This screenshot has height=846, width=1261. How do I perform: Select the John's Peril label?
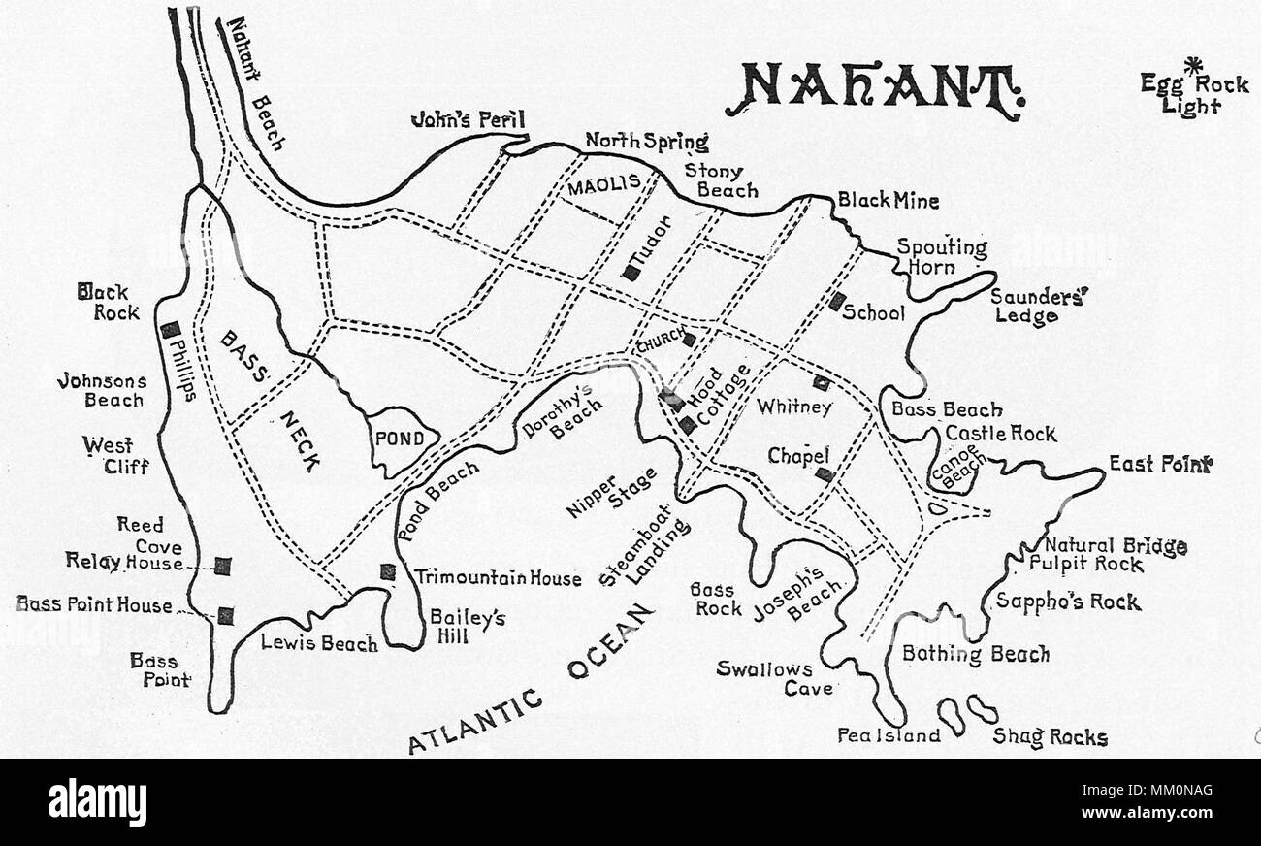click(x=468, y=120)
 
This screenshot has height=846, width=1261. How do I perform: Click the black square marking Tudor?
click(x=631, y=274)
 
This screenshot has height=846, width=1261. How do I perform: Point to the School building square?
click(x=836, y=302)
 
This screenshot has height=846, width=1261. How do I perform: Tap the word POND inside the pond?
click(x=400, y=439)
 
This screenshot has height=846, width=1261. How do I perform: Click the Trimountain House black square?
click(x=388, y=572)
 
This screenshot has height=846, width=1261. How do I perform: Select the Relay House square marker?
click(x=223, y=566)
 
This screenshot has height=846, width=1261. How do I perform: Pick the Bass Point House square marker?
click(x=226, y=614)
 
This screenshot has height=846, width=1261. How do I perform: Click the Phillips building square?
click(x=171, y=330)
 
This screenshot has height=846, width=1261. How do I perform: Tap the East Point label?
click(x=1160, y=465)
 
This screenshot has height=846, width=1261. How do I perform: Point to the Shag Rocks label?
click(x=1050, y=738)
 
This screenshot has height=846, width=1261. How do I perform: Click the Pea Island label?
click(x=889, y=735)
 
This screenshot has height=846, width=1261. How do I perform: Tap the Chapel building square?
click(x=824, y=474)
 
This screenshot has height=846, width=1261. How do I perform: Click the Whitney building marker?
click(x=822, y=382)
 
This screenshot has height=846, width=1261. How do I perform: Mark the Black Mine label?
click(x=889, y=202)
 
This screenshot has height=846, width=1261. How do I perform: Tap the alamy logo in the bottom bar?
click(x=97, y=802)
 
